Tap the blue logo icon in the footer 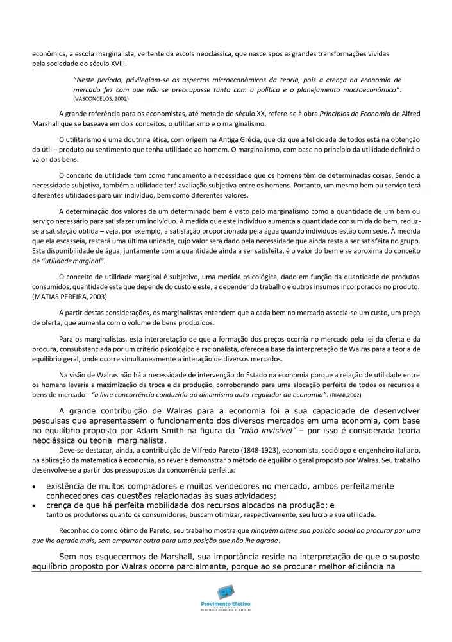pos(226,593)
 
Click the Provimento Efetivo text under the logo pos(226,607)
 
